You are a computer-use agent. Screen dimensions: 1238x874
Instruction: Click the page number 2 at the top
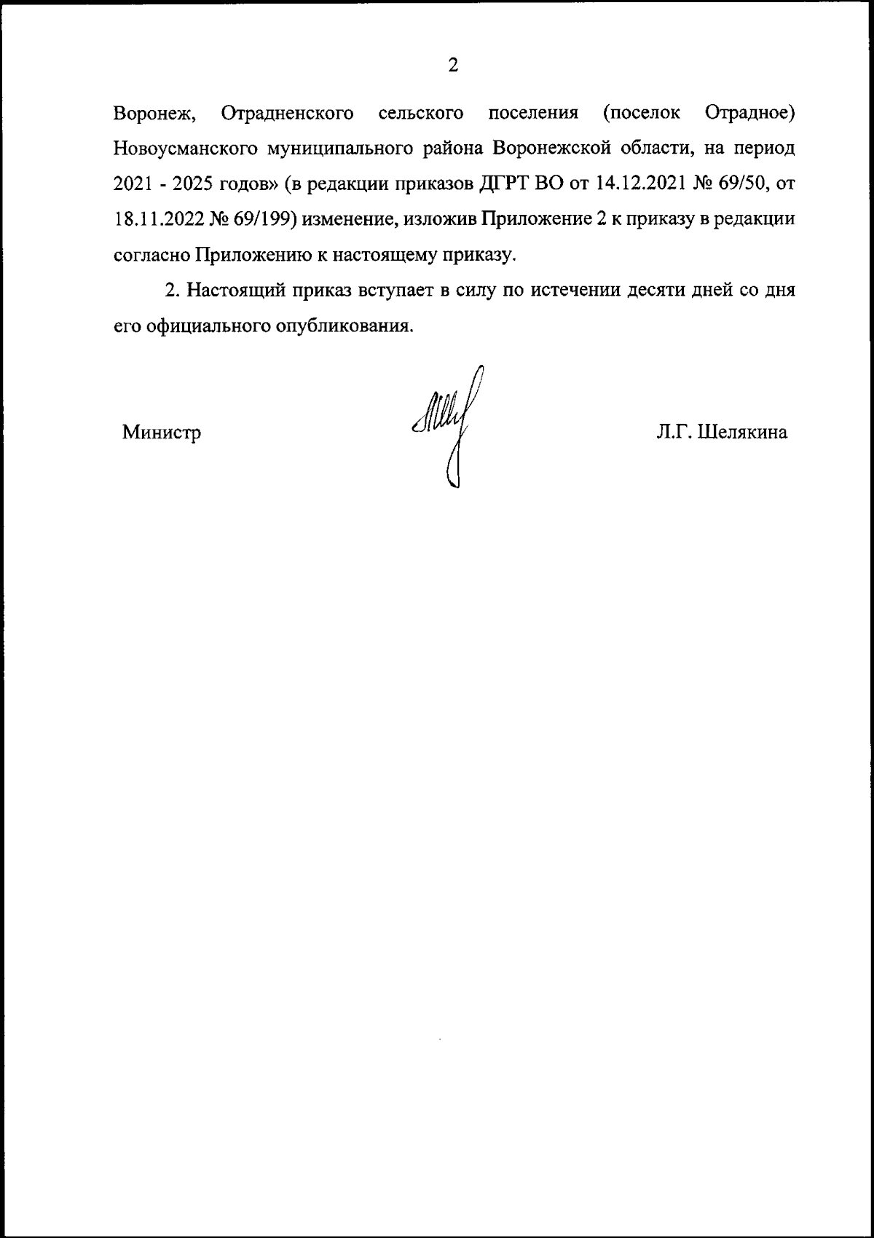[x=452, y=66]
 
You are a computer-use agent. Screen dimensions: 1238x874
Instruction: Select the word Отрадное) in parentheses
[x=750, y=114]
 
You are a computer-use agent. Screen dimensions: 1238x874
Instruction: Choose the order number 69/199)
[x=263, y=219]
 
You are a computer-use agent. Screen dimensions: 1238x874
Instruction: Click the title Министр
[x=162, y=433]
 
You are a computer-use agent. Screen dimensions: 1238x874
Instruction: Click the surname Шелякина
[x=743, y=433]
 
